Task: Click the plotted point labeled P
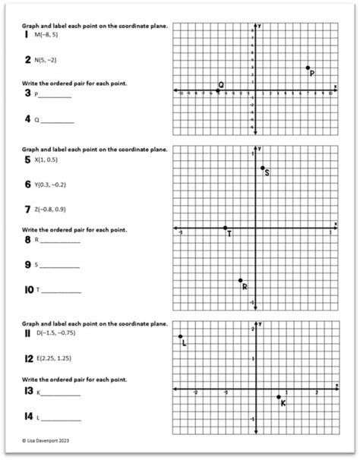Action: click(308, 68)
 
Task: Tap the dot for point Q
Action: click(218, 91)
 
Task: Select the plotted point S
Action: click(262, 168)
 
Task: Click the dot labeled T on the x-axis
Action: click(225, 228)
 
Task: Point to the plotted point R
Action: click(240, 280)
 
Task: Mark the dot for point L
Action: click(180, 336)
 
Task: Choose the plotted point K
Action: click(278, 396)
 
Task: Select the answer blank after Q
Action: click(58, 121)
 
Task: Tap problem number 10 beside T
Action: click(28, 290)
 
